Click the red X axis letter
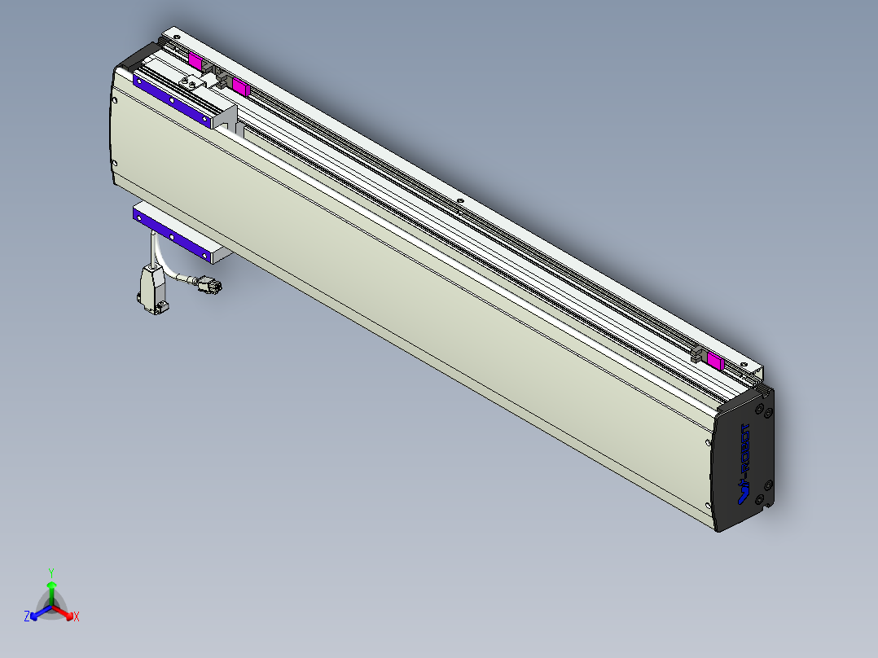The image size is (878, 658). tap(77, 617)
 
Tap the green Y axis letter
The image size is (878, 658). tap(50, 572)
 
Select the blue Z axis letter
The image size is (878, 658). tap(27, 616)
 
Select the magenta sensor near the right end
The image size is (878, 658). tap(716, 362)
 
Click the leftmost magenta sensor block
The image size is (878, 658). tap(195, 60)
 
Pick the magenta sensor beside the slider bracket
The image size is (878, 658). tap(240, 86)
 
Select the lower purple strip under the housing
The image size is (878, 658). tap(172, 235)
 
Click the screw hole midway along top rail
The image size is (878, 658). tap(460, 200)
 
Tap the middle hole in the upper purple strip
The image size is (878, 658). tap(173, 101)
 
